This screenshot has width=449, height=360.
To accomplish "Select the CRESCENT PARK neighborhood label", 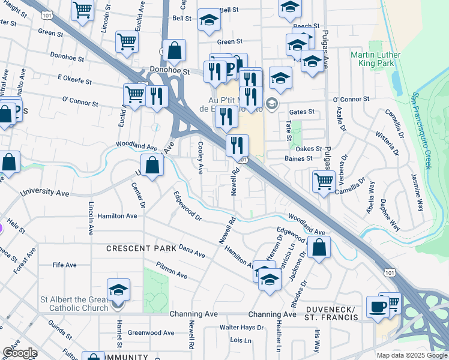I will (x=141, y=248).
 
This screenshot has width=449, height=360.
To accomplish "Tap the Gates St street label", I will (x=302, y=112).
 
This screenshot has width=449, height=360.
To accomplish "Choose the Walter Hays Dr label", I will (x=241, y=328).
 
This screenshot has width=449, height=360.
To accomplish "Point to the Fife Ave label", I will (x=65, y=265).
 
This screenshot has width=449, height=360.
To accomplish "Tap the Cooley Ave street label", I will (x=199, y=157).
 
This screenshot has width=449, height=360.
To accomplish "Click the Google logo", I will (x=20, y=353).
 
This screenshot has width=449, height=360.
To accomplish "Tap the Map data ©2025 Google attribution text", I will (x=412, y=355).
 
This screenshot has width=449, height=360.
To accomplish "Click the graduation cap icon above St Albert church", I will (x=119, y=289).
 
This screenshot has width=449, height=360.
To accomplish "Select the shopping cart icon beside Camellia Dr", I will (x=324, y=180).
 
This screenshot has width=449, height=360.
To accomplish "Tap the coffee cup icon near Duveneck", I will (x=378, y=306).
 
